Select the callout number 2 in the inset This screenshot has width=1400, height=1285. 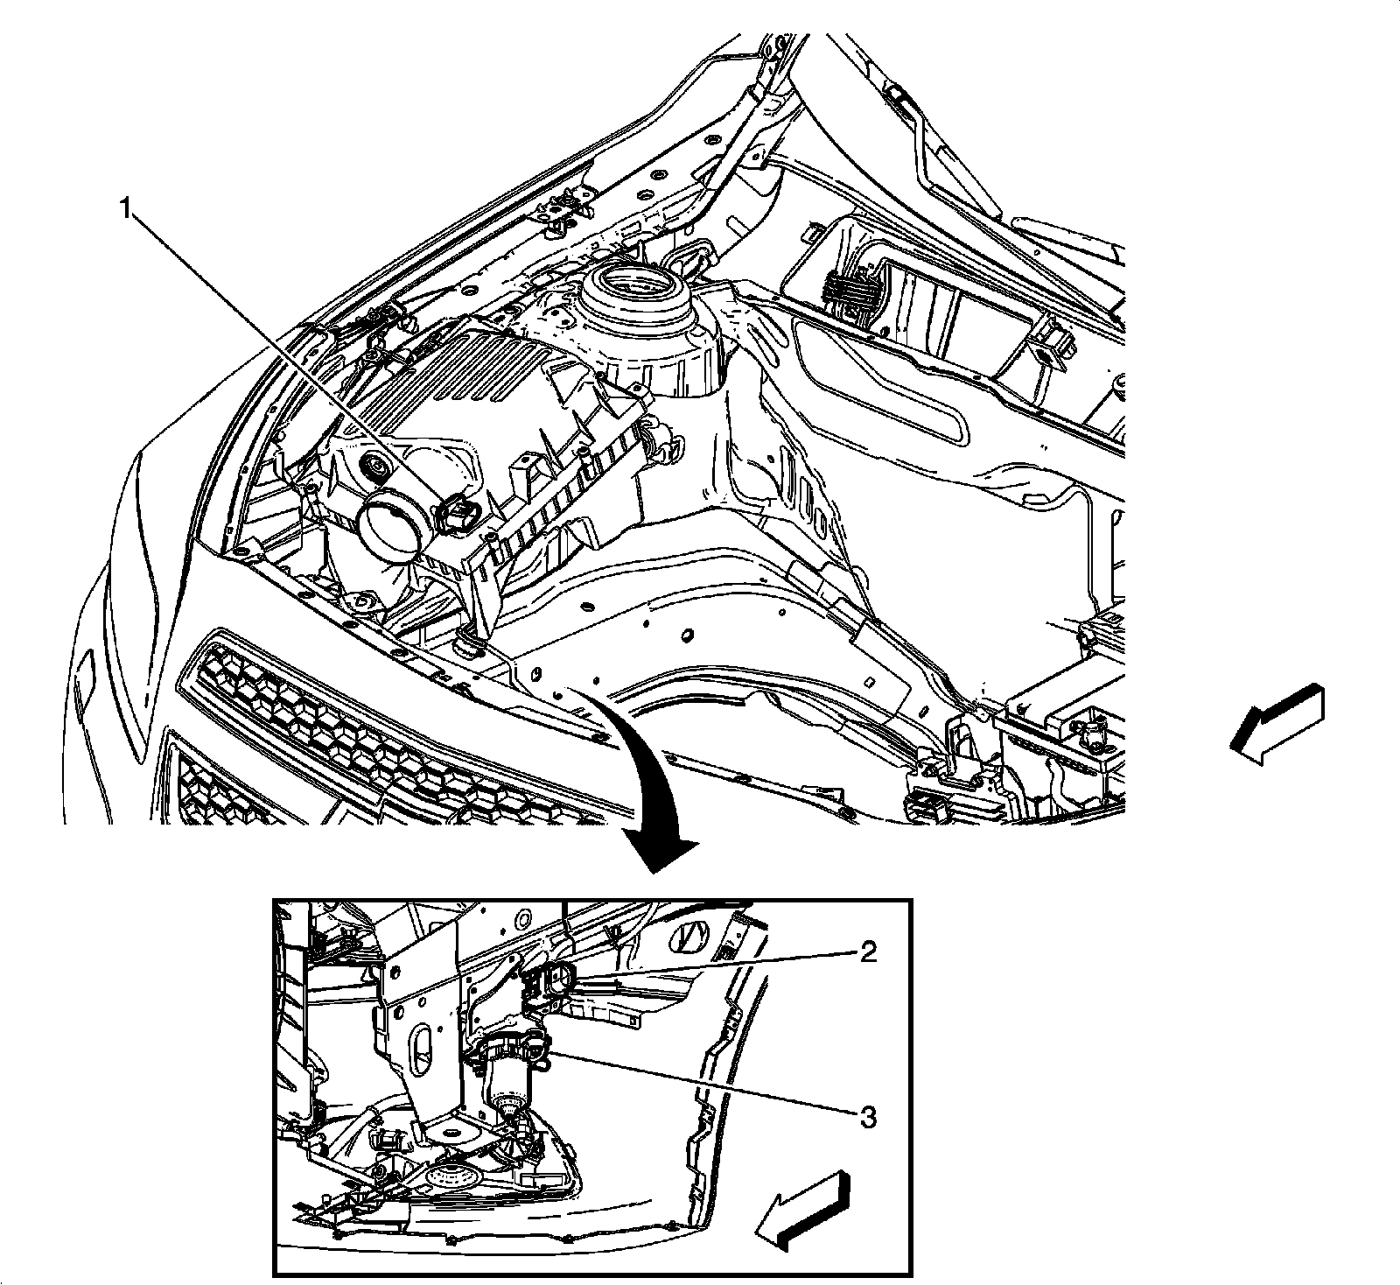(867, 952)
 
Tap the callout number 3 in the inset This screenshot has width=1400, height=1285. (867, 1118)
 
